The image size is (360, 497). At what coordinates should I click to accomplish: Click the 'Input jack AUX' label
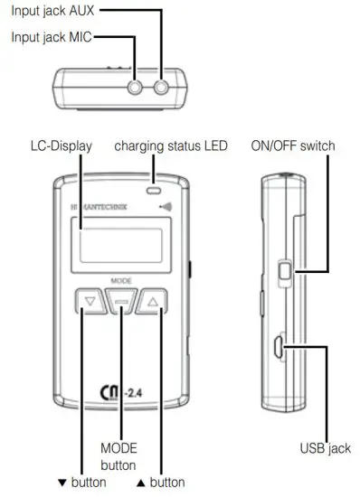pyautogui.click(x=49, y=12)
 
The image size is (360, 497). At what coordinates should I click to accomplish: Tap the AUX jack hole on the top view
pyautogui.click(x=163, y=87)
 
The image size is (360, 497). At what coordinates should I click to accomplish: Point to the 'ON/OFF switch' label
pyautogui.click(x=291, y=145)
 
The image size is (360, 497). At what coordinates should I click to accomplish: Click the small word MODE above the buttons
pyautogui.click(x=121, y=281)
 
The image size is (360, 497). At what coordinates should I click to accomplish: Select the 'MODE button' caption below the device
pyautogui.click(x=118, y=456)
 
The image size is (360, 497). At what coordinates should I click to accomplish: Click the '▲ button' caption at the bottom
pyautogui.click(x=166, y=483)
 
